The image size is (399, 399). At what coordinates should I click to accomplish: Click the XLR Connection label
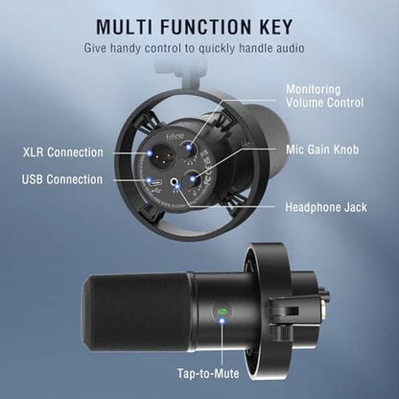[63, 153]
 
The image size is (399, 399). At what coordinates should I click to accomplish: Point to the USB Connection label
[62, 179]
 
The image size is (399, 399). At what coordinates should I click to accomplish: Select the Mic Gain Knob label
[322, 150]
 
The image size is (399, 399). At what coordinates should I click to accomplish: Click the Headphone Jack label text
[326, 207]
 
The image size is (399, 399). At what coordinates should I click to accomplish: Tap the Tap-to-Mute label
[208, 373]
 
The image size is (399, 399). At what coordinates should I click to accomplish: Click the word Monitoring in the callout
[314, 89]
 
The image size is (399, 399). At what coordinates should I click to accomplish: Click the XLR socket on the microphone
[160, 154]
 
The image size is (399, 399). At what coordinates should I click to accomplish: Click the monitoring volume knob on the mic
[190, 148]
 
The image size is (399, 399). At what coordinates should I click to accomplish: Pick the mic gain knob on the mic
[194, 179]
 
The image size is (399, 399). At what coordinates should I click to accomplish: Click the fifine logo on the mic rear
[175, 137]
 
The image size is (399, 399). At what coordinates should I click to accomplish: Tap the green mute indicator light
[221, 311]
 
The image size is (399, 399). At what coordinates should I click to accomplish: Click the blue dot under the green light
[222, 320]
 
